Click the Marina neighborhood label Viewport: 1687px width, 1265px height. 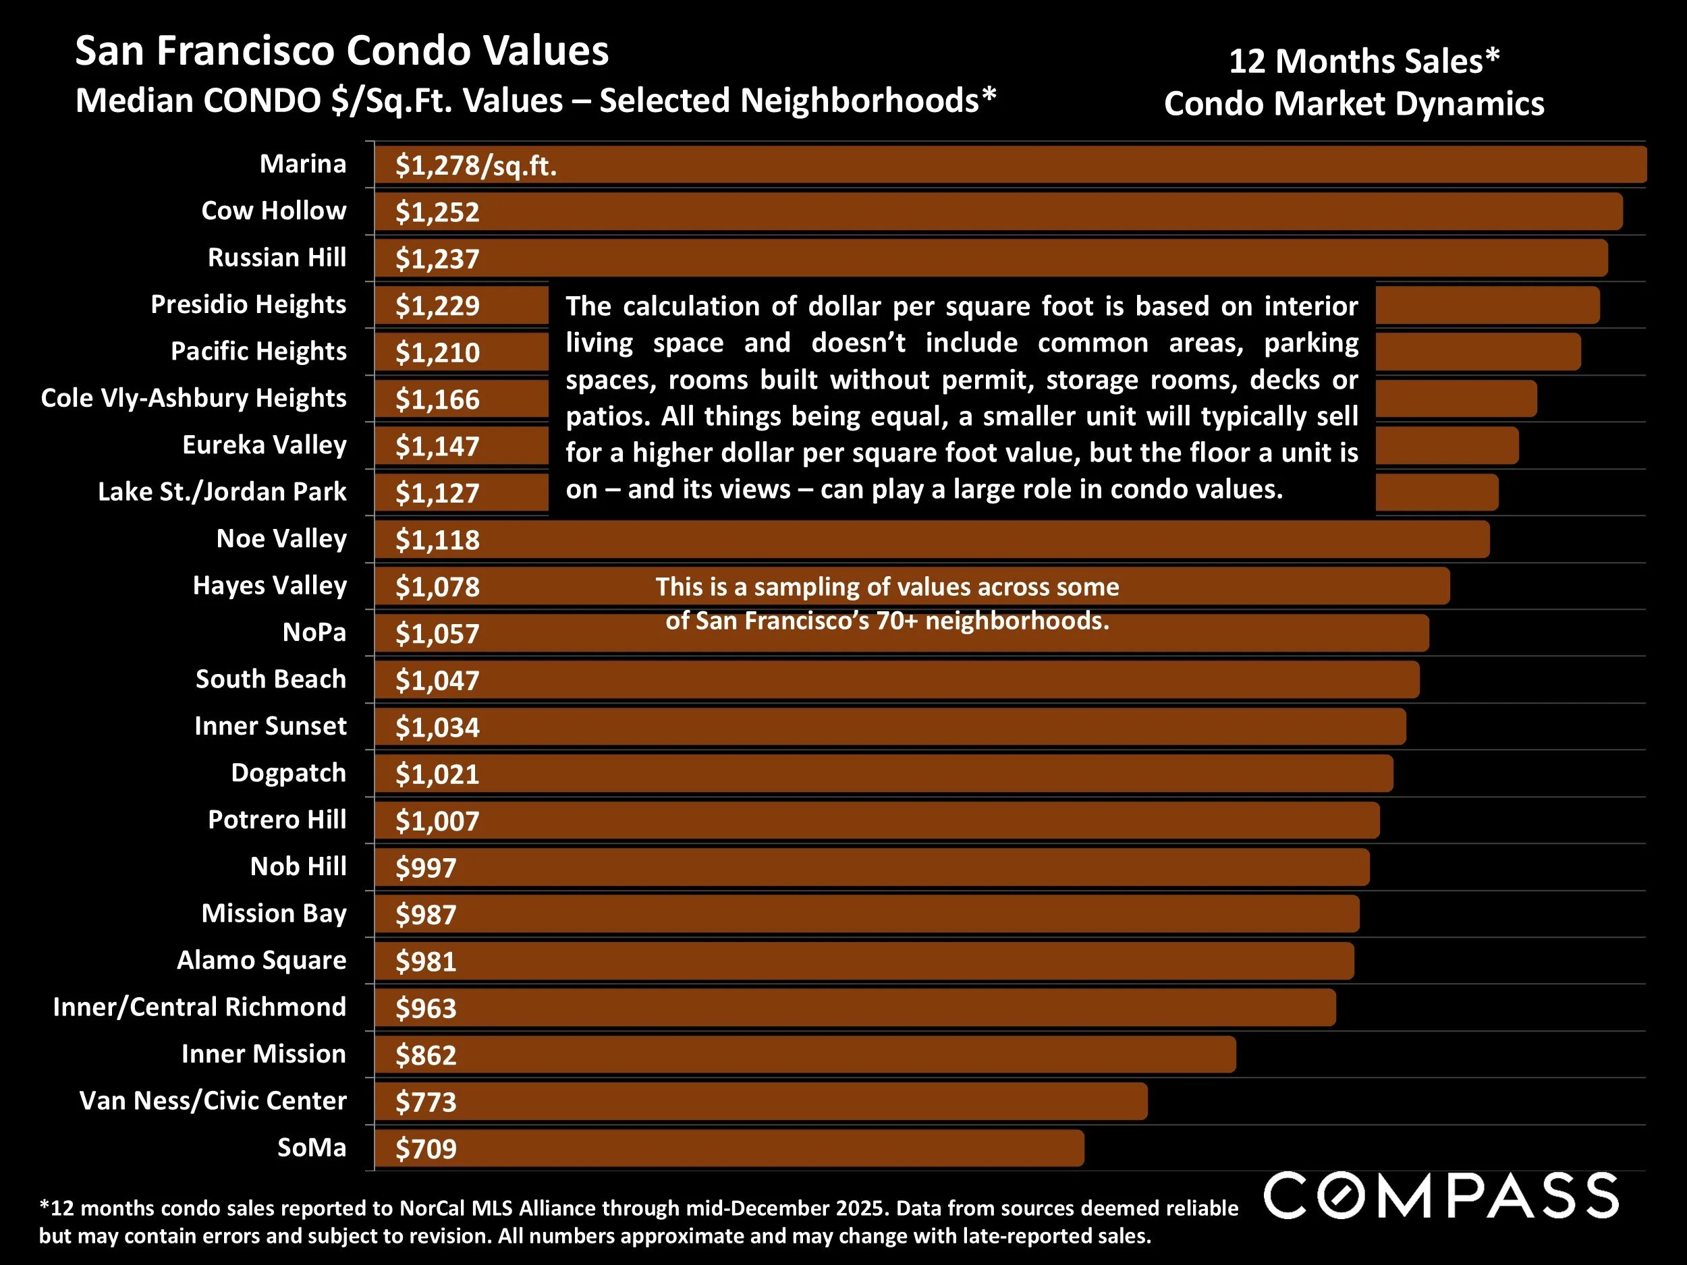click(x=303, y=164)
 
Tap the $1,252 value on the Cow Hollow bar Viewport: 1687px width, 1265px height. click(x=437, y=212)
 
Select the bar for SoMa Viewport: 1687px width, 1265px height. click(x=728, y=1148)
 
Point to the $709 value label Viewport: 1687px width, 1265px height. click(x=426, y=1149)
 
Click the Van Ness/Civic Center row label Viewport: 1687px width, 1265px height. click(x=213, y=1100)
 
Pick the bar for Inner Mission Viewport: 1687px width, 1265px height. click(x=804, y=1055)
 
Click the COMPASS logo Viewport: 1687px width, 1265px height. click(x=1441, y=1196)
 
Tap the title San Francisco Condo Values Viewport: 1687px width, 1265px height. click(x=341, y=52)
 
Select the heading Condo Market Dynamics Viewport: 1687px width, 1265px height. click(x=1354, y=104)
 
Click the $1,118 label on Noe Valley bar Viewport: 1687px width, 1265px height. click(x=437, y=540)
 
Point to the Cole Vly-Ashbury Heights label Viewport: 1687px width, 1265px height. click(x=194, y=398)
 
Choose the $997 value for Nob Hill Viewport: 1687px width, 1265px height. click(x=426, y=868)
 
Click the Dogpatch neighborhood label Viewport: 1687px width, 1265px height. click(x=288, y=772)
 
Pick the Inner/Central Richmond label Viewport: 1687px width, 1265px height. click(x=199, y=1007)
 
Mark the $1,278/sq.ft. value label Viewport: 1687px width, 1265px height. click(x=476, y=165)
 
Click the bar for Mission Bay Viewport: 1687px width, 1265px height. click(x=866, y=914)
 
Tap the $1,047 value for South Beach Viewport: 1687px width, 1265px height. click(x=437, y=681)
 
